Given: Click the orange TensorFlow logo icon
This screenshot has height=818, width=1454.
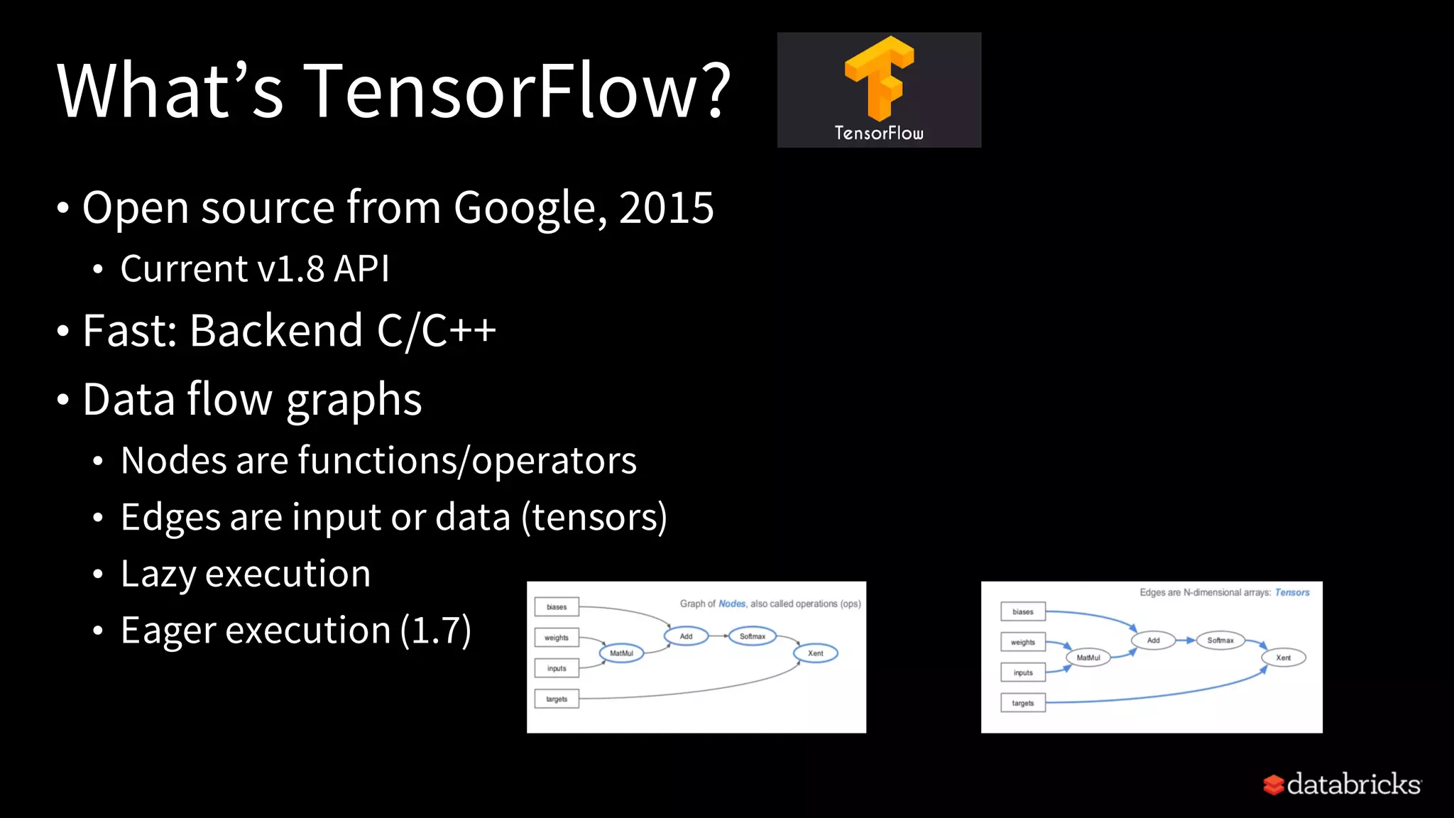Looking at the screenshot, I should [x=879, y=78].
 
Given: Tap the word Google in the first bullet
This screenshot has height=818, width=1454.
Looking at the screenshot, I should [x=530, y=208].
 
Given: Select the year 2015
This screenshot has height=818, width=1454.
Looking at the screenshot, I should [x=667, y=208].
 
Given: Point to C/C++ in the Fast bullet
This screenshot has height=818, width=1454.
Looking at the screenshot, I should [x=436, y=331].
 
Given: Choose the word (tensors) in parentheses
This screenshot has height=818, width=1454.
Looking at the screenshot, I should [x=594, y=517].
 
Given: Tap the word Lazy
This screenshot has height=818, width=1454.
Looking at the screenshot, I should [x=158, y=574].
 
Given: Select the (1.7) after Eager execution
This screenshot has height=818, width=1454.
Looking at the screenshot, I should [x=435, y=631].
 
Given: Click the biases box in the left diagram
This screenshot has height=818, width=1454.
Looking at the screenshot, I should [x=557, y=607].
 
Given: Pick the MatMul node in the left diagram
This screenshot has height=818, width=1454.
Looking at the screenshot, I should [x=621, y=653].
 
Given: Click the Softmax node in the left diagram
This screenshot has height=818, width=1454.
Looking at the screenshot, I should [x=753, y=636].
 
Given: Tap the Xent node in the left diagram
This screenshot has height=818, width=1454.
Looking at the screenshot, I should [x=816, y=653].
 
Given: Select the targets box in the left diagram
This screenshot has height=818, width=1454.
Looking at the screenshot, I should [x=557, y=699].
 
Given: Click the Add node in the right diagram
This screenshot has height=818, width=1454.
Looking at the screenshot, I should [x=1153, y=640].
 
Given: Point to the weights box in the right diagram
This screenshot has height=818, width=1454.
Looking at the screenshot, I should [x=1023, y=643].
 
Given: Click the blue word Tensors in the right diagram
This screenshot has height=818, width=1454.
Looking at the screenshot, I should [x=1292, y=592].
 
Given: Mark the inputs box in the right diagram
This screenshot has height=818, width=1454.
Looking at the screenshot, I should [x=1023, y=672].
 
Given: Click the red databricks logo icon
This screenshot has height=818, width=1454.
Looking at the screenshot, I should [x=1274, y=785].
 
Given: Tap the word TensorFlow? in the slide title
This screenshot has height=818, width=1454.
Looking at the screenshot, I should [x=518, y=91].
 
